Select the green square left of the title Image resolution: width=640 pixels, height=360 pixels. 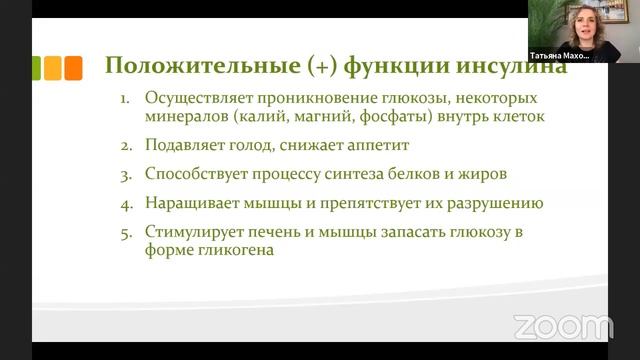pyautogui.click(x=35, y=67)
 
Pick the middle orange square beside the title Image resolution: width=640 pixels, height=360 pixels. pyautogui.click(x=54, y=67)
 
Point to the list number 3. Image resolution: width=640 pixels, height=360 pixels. pyautogui.click(x=126, y=173)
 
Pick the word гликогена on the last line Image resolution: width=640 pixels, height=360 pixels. pyautogui.click(x=232, y=251)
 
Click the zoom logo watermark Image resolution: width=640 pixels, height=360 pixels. pyautogui.click(x=563, y=326)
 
